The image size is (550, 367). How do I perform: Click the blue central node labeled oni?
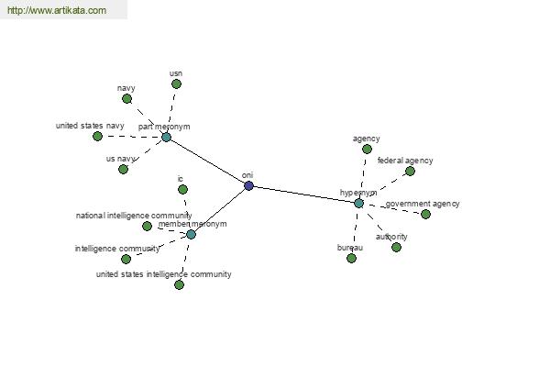[248, 185]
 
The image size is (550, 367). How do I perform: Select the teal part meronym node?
[166, 137]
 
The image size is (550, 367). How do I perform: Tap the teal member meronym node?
[191, 234]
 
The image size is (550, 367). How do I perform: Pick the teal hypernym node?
[358, 203]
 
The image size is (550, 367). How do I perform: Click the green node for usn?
[176, 83]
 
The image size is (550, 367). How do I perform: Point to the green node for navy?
[126, 99]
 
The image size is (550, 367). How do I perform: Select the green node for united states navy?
[97, 136]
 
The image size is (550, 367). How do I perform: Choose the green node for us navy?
[123, 169]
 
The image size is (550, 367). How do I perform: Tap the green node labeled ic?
[182, 190]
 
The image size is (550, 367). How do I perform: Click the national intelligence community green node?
[148, 227]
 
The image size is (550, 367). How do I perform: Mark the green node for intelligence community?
[126, 259]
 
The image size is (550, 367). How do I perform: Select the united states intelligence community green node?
[179, 284]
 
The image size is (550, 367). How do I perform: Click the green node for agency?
[367, 150]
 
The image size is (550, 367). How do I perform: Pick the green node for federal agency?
[410, 171]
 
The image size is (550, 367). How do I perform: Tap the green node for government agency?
[426, 214]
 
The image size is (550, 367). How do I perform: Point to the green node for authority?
[396, 247]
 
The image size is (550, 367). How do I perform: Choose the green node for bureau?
[351, 259]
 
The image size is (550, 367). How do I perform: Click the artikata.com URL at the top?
[57, 10]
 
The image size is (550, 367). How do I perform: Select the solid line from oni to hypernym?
[303, 195]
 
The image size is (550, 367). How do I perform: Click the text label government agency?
[423, 204]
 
